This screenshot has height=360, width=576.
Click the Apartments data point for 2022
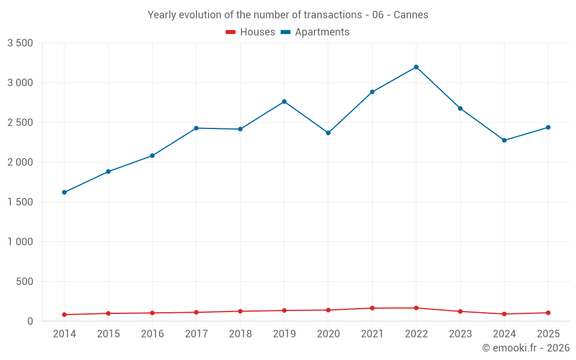[x=416, y=67]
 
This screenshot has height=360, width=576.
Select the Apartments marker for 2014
[x=65, y=192]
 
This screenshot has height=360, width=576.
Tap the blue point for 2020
[x=328, y=132]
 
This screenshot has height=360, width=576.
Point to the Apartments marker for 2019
[x=285, y=101]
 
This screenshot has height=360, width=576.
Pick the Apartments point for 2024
[x=504, y=140]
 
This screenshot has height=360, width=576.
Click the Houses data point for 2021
[x=372, y=308]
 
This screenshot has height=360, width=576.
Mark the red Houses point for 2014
[x=65, y=314]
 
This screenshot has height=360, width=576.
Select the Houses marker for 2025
[x=548, y=313]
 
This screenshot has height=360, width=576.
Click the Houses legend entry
[x=251, y=32]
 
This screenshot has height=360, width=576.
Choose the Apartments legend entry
[x=315, y=32]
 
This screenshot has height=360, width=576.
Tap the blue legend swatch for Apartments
[x=286, y=32]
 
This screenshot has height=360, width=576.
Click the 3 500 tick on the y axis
[x=20, y=43]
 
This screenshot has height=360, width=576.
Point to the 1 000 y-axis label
[x=20, y=242]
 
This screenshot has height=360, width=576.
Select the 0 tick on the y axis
[x=30, y=321]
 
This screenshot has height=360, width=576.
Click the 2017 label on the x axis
[x=196, y=334]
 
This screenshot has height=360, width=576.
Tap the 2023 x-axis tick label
[x=460, y=334]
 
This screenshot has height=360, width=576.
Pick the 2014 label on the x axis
[x=65, y=334]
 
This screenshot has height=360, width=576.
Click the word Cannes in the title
[x=411, y=15]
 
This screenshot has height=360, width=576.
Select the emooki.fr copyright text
[x=526, y=347]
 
